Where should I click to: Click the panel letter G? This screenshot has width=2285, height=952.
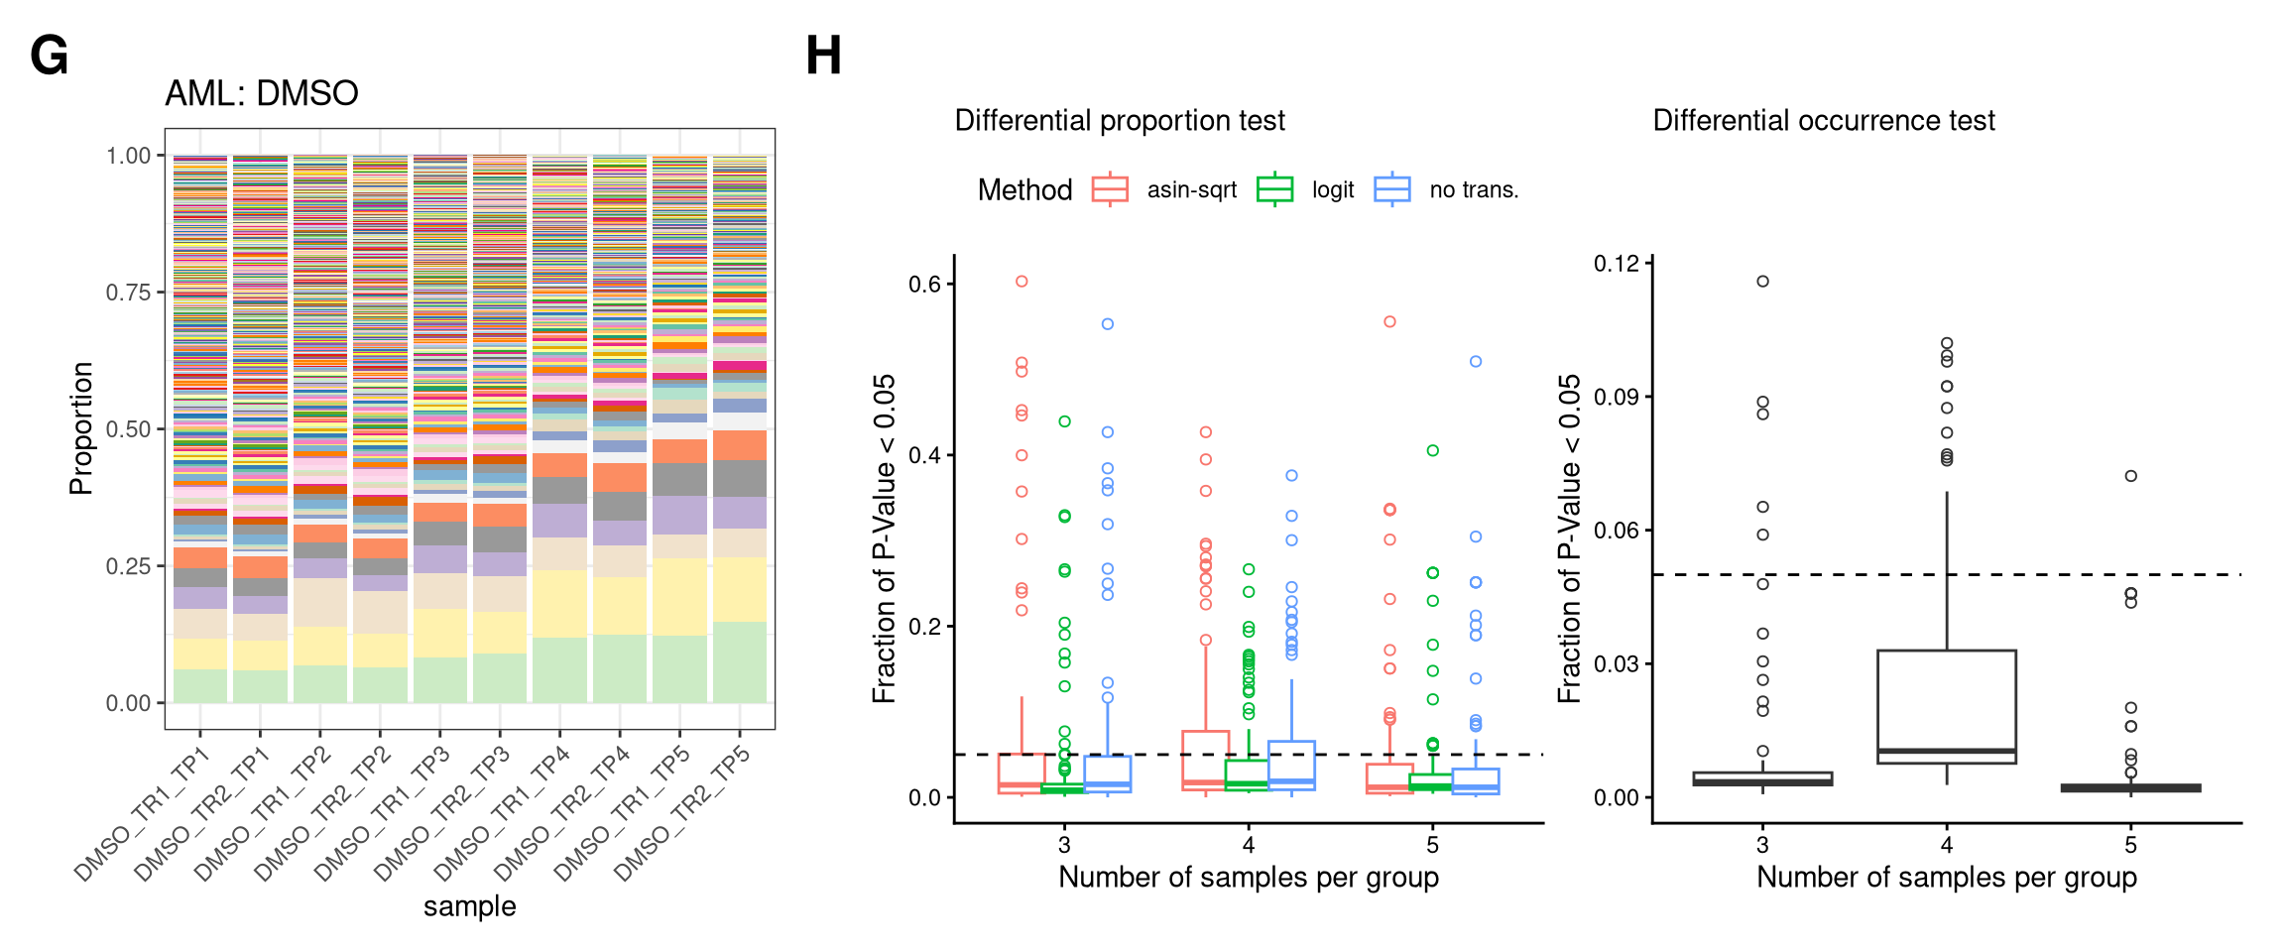click(50, 56)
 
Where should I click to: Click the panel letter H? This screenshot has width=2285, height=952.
click(823, 56)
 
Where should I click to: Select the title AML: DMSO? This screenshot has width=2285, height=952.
click(261, 93)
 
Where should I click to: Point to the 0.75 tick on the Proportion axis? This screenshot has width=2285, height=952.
click(129, 293)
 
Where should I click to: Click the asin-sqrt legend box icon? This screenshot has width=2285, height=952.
click(1110, 188)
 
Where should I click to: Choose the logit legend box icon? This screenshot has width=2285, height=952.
click(1274, 188)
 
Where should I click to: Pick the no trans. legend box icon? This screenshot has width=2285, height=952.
click(1392, 188)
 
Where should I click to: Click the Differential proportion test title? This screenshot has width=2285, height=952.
click(1119, 120)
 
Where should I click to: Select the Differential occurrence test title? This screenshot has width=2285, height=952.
click(1823, 120)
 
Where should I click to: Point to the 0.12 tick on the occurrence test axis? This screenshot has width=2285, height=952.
click(1617, 264)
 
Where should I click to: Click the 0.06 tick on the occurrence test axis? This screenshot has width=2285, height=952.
click(1617, 531)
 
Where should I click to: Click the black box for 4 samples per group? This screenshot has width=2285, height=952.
click(1946, 706)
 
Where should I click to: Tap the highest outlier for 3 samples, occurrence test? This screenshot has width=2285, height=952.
click(1762, 282)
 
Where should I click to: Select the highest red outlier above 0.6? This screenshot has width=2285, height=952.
click(1022, 282)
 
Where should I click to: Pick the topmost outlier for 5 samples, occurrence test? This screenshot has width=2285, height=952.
click(2130, 476)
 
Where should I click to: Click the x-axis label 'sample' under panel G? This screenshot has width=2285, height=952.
click(469, 906)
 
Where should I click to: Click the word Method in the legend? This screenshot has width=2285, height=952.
click(1024, 189)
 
